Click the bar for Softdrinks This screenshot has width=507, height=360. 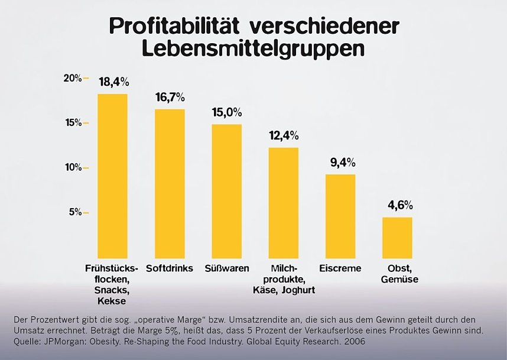[170, 183]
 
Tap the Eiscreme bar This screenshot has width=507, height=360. [340, 216]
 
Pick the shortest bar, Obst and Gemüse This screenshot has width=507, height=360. [397, 237]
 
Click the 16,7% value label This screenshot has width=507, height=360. [170, 97]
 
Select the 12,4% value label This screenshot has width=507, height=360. [284, 135]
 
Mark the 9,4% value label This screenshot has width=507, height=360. [340, 162]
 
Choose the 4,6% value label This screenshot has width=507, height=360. [397, 205]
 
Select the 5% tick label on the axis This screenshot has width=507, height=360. [76, 212]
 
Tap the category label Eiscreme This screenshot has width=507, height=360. [340, 268]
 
